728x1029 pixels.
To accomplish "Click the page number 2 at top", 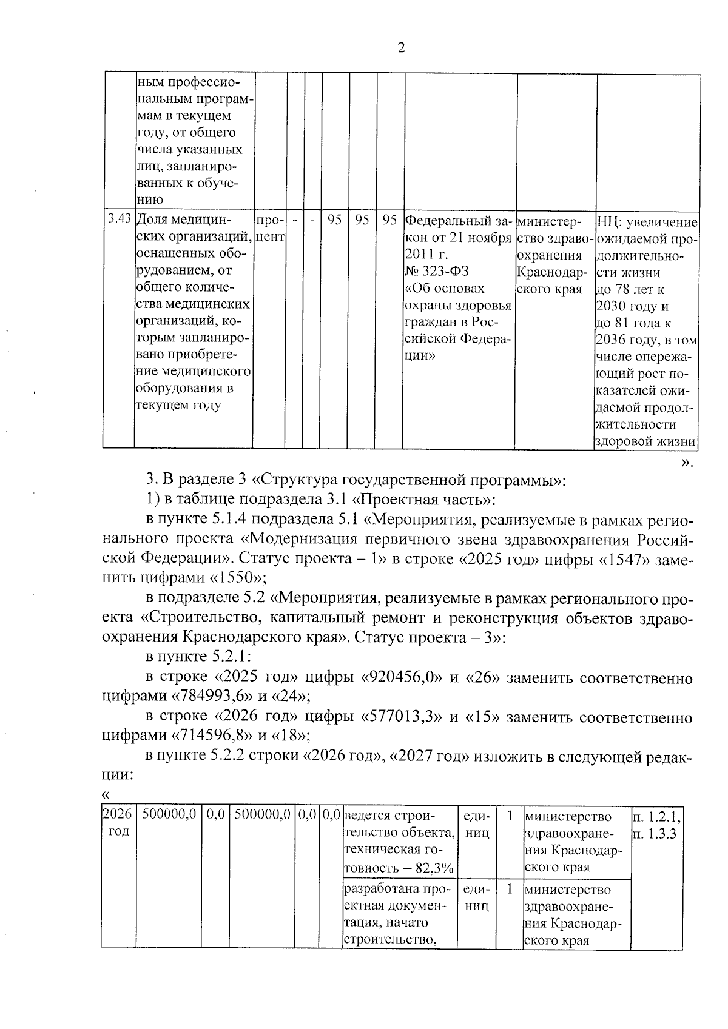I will pyautogui.click(x=400, y=49).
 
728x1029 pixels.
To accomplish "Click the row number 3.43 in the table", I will pyautogui.click(x=118, y=219).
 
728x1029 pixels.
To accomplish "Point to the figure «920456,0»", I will pyautogui.click(x=402, y=677).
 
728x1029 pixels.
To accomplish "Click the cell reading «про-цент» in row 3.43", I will pyautogui.click(x=269, y=227).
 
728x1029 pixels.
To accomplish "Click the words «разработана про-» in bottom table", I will pyautogui.click(x=397, y=890).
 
